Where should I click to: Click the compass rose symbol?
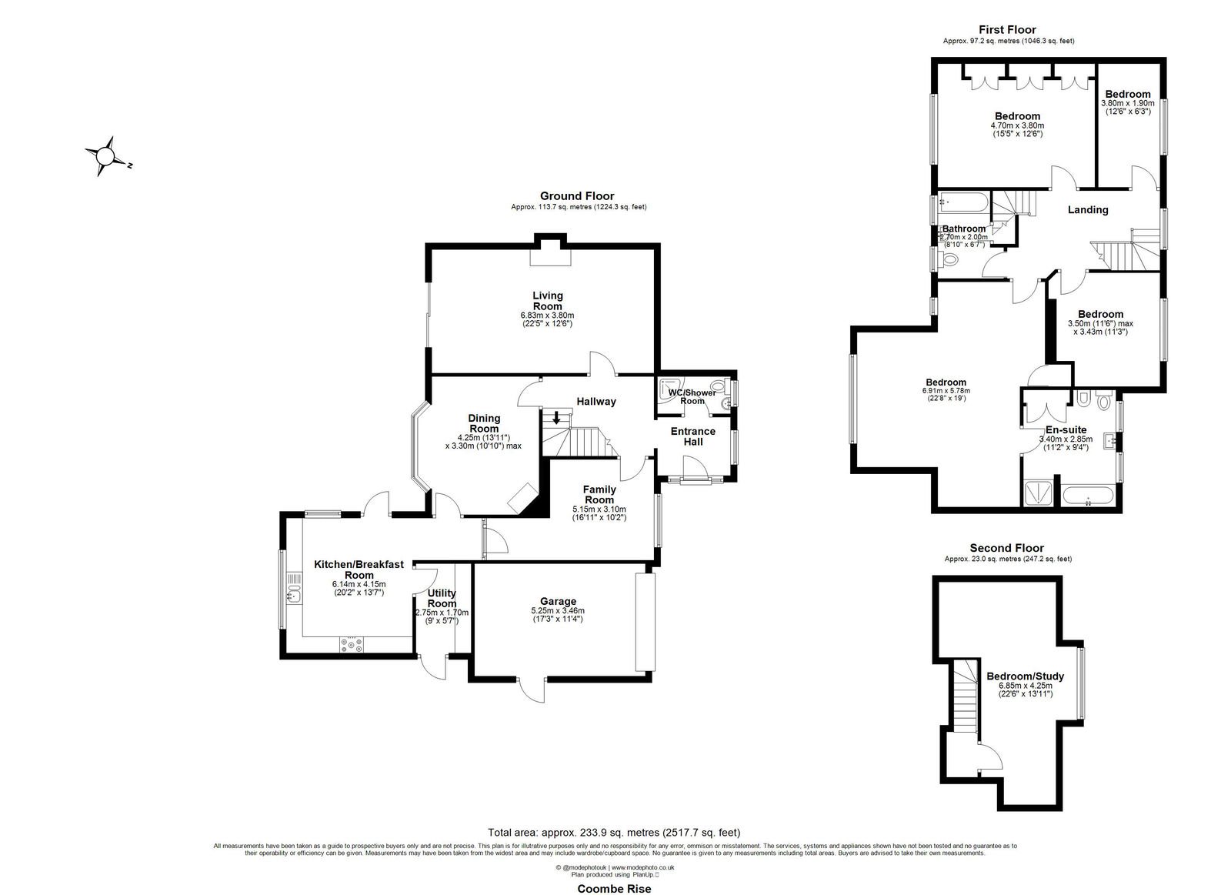coord(105,157)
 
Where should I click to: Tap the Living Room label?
coord(547,301)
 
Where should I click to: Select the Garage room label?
coord(558,602)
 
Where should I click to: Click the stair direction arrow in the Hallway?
coord(556,417)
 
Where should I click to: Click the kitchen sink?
coord(294,593)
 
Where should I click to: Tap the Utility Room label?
coord(442,598)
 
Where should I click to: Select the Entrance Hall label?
coord(693,436)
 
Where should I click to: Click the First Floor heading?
coord(1007,30)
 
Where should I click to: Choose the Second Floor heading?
coord(1007,548)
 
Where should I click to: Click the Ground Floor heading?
coord(577,195)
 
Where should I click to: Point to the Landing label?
coord(1088,209)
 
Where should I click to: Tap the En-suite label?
coord(1066,430)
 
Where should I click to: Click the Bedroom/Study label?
coord(1026,676)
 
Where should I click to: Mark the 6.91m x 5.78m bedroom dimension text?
coord(946,391)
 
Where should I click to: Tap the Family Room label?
coord(599,494)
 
